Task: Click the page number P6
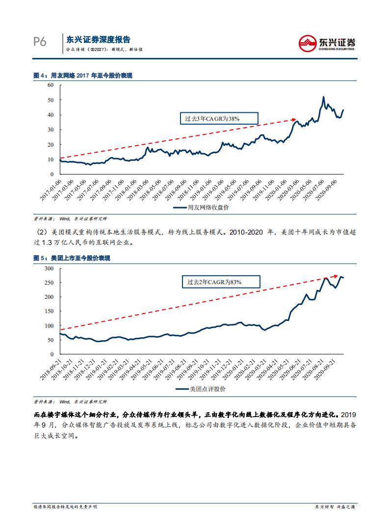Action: point(40,42)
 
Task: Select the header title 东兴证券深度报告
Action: point(98,40)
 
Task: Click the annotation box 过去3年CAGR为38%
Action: point(212,119)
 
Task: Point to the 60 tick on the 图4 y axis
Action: point(50,85)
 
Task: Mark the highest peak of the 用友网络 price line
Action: point(323,97)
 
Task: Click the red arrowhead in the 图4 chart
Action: point(295,119)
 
